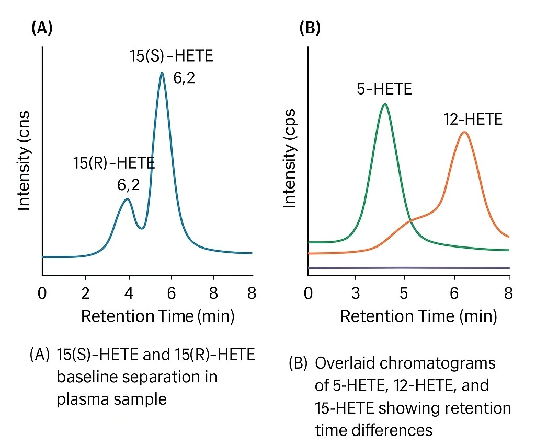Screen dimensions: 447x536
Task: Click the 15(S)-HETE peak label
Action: pyautogui.click(x=172, y=56)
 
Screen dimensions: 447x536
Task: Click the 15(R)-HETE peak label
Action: pyautogui.click(x=115, y=163)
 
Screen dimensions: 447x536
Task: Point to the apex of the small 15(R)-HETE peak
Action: pyautogui.click(x=126, y=199)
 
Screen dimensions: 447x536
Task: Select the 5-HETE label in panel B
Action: pyautogui.click(x=384, y=89)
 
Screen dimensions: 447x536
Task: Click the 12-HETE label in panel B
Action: pyautogui.click(x=473, y=120)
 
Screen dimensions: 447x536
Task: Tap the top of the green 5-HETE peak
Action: pyautogui.click(x=385, y=104)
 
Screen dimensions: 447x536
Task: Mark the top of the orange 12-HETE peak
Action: pyautogui.click(x=464, y=132)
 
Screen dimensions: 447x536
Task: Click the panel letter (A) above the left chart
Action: pyautogui.click(x=42, y=29)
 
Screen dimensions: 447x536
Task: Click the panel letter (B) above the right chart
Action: pyautogui.click(x=309, y=29)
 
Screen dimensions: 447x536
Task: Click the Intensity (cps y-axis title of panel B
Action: pyautogui.click(x=290, y=158)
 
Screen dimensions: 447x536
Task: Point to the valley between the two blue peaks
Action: pyautogui.click(x=141, y=228)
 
